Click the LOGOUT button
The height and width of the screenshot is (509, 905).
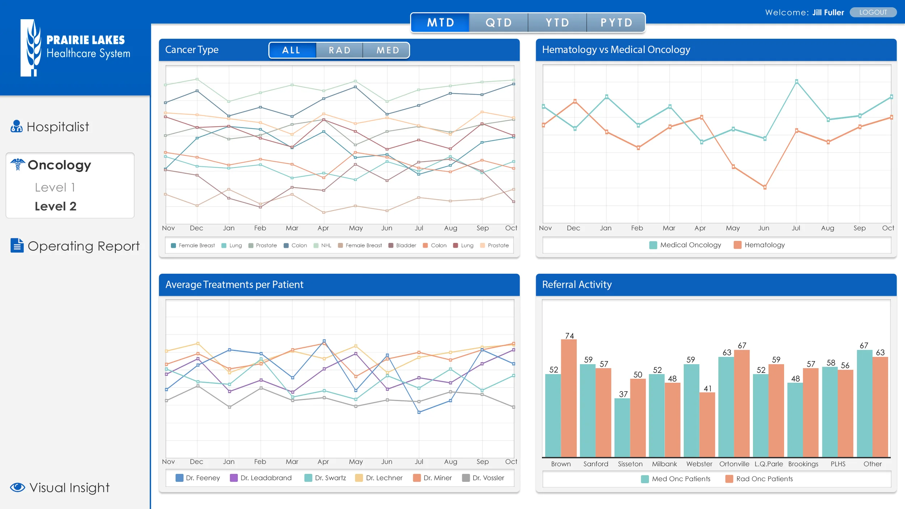(x=873, y=12)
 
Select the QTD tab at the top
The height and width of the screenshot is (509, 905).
(x=498, y=23)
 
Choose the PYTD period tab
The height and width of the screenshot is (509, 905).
(x=616, y=23)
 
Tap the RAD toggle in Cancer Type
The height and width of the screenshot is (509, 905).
(x=340, y=50)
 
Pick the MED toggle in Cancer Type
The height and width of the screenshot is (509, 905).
(x=387, y=50)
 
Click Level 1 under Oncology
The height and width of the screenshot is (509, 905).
(x=55, y=188)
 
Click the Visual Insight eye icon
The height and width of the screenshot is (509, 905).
(x=17, y=487)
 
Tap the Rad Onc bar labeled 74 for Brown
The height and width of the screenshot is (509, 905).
(x=569, y=398)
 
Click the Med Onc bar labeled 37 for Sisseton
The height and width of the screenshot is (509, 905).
(x=622, y=427)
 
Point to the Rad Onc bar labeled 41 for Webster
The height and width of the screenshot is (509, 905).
(x=707, y=424)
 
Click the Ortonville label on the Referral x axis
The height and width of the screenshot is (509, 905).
(x=734, y=464)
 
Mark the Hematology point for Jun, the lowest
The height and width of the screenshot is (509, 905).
(x=765, y=187)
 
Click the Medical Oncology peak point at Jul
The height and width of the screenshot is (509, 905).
(x=796, y=81)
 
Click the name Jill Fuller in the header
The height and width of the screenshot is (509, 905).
(x=828, y=13)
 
